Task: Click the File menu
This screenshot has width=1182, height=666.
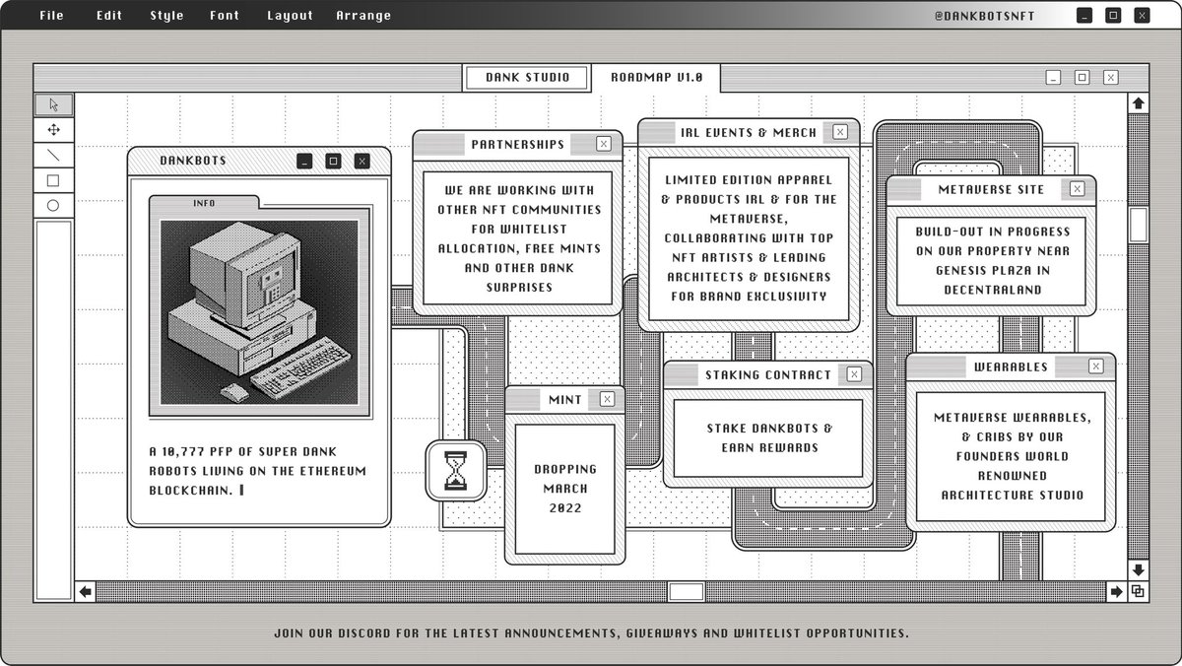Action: point(51,16)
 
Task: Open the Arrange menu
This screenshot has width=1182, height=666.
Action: point(363,16)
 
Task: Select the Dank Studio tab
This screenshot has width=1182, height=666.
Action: point(527,78)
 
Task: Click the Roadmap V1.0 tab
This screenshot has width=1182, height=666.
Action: point(656,78)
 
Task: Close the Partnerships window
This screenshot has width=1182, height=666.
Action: point(604,144)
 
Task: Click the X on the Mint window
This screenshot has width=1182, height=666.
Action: point(607,399)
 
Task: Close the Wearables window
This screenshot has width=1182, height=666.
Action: point(1096,366)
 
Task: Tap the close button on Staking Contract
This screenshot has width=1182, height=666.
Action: point(854,374)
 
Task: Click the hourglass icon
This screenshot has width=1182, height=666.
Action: point(456,471)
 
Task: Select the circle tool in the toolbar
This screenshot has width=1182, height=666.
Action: point(53,206)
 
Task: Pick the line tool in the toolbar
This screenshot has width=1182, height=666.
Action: point(53,155)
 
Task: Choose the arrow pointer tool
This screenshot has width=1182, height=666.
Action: point(54,104)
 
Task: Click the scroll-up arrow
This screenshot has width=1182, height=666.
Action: point(1139,103)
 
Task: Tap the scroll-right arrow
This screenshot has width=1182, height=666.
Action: point(1116,591)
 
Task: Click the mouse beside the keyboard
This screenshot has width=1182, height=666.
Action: point(234,392)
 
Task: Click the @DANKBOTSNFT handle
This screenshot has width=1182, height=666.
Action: point(984,16)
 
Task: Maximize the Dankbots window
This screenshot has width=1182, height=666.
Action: point(333,161)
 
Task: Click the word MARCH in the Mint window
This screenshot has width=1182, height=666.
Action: point(565,489)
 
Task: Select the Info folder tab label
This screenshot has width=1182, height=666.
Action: point(204,203)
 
